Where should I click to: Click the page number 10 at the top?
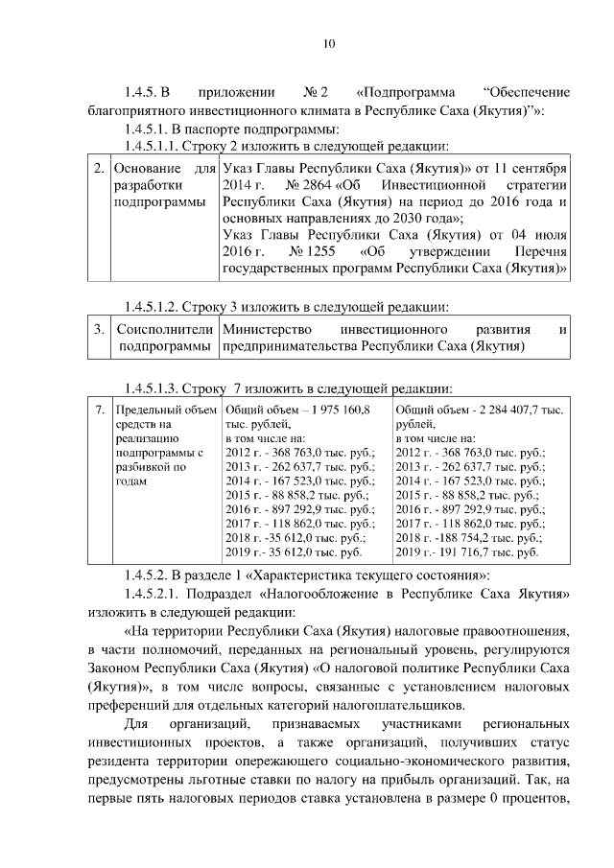(x=329, y=42)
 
